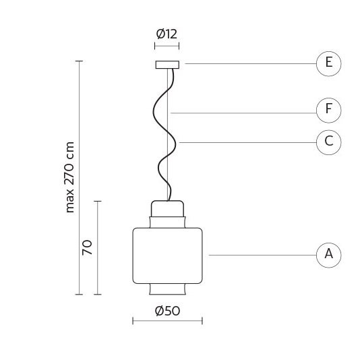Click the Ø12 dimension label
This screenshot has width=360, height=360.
[x=167, y=34]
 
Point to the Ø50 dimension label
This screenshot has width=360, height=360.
[x=167, y=311]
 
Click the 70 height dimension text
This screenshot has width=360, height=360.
[x=87, y=247]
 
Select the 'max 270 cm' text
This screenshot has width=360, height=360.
[x=69, y=177]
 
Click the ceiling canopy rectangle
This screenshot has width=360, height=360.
[x=167, y=65]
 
